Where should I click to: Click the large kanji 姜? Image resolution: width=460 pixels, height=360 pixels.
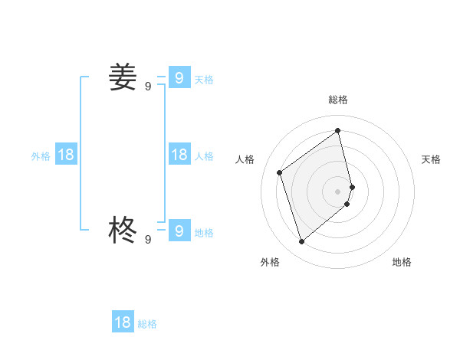pyautogui.click(x=123, y=77)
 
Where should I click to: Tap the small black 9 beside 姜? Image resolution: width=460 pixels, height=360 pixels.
pyautogui.click(x=148, y=87)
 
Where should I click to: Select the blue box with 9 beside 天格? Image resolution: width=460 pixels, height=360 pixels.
pyautogui.click(x=179, y=77)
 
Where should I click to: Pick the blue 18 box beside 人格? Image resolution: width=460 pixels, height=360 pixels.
pyautogui.click(x=179, y=155)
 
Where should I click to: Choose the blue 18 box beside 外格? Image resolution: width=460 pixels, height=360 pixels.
pyautogui.click(x=66, y=155)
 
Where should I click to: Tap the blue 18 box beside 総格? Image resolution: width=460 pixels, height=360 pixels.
pyautogui.click(x=123, y=322)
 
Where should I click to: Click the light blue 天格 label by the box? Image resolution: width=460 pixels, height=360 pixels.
pyautogui.click(x=204, y=80)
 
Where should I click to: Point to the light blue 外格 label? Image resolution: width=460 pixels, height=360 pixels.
pyautogui.click(x=41, y=156)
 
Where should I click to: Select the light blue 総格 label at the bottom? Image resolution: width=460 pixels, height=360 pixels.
pyautogui.click(x=147, y=324)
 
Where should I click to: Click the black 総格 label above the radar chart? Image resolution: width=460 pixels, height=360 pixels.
pyautogui.click(x=338, y=100)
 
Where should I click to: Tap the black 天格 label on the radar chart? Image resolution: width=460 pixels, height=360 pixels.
pyautogui.click(x=431, y=159)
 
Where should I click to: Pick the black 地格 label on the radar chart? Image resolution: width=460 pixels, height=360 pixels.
pyautogui.click(x=402, y=262)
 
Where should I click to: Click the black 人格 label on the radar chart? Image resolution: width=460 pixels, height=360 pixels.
pyautogui.click(x=245, y=159)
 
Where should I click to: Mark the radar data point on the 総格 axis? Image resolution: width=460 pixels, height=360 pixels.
pyautogui.click(x=338, y=130)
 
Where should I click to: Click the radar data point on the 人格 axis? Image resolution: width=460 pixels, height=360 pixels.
pyautogui.click(x=280, y=172)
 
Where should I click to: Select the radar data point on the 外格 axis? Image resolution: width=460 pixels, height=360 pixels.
pyautogui.click(x=301, y=242)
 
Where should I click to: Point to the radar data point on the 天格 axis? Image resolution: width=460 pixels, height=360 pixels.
pyautogui.click(x=352, y=186)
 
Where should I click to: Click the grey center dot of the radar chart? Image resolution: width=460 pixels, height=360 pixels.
pyautogui.click(x=338, y=191)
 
